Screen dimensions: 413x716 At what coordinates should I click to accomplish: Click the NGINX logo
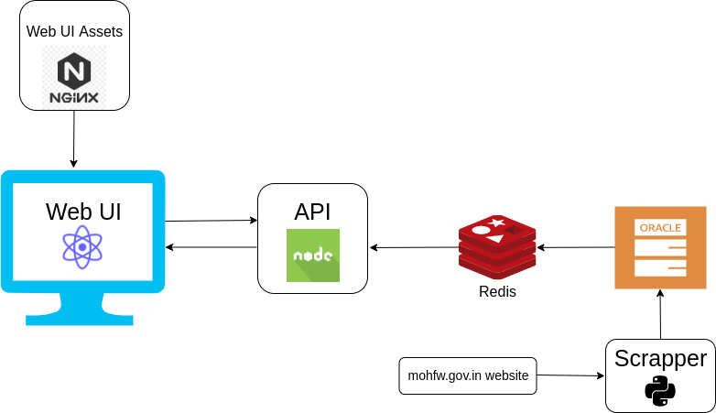click(74, 77)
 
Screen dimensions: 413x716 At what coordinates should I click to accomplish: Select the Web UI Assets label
click(74, 31)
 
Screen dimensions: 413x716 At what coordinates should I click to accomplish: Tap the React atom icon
click(82, 246)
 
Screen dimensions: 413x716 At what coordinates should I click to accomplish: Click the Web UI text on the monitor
click(83, 212)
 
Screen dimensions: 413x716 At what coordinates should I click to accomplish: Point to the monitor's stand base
click(80, 319)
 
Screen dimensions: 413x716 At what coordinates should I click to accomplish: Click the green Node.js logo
click(313, 255)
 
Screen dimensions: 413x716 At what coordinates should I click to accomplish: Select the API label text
click(312, 212)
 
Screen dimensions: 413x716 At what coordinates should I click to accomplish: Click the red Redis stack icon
click(497, 247)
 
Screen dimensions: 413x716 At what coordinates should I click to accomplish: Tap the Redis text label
click(497, 292)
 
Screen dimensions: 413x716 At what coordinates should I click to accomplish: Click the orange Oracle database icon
click(660, 248)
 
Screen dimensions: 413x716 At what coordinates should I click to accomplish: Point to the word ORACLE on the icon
click(660, 227)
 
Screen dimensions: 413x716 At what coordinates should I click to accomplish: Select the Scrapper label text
click(660, 358)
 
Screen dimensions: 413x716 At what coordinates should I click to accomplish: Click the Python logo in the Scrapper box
click(660, 391)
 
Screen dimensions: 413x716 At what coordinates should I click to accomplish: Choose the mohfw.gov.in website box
click(468, 375)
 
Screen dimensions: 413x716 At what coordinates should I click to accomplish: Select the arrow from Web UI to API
click(211, 221)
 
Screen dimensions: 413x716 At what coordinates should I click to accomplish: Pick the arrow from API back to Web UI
click(211, 247)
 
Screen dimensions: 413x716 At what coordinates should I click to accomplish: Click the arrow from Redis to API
click(414, 247)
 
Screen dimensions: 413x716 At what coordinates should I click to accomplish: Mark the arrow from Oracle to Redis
click(575, 247)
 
